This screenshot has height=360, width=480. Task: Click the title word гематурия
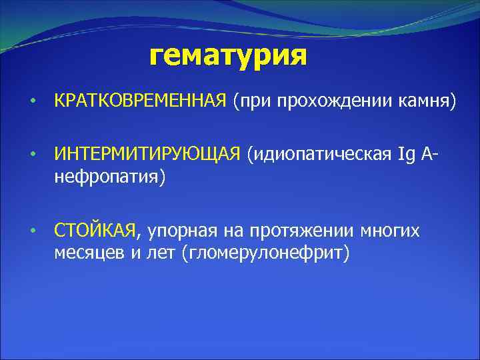click(x=228, y=57)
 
